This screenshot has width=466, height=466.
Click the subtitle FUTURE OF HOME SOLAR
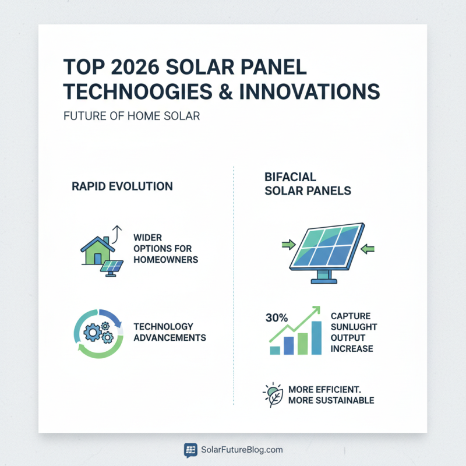tap(131, 116)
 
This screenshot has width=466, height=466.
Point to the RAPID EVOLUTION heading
tap(122, 186)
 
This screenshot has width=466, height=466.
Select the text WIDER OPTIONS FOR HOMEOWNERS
tap(165, 249)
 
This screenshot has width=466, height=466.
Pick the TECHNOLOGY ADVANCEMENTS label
tap(170, 332)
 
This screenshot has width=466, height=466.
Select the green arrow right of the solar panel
tap(368, 249)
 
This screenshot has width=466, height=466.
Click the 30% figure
tap(276, 318)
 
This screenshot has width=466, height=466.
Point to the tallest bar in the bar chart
tap(316, 338)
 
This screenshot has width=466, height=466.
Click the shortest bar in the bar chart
tap(275, 349)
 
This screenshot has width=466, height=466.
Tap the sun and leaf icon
tap(274, 394)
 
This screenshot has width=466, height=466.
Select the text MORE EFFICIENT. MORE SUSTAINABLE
tap(331, 395)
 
